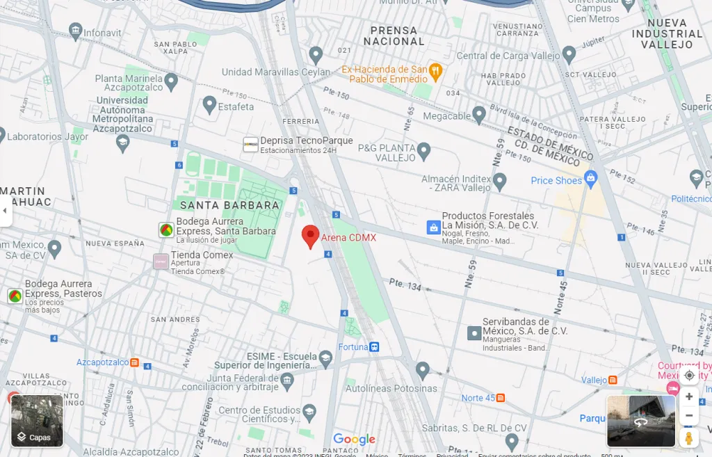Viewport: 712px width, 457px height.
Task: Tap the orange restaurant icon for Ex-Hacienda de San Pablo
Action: tap(436, 70)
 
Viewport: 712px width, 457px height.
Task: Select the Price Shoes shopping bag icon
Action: tap(591, 178)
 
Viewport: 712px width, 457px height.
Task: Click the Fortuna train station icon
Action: tap(375, 346)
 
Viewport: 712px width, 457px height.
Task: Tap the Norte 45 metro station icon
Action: tap(500, 398)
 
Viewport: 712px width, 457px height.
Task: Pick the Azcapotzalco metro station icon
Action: tap(134, 362)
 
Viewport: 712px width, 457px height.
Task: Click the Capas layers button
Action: tap(38, 421)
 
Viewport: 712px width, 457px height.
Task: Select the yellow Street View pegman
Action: tap(688, 438)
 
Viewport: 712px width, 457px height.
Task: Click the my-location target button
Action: tap(689, 376)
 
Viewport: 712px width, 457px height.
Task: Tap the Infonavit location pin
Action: tap(76, 30)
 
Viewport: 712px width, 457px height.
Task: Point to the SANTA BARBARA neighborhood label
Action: tap(229, 205)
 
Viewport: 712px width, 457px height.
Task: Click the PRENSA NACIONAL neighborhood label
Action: tap(394, 36)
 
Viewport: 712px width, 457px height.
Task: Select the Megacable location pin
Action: tap(478, 114)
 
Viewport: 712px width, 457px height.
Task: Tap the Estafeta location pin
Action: tap(209, 105)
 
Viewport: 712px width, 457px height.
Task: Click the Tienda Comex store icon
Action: tap(161, 262)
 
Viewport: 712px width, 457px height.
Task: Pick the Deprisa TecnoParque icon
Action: tap(250, 145)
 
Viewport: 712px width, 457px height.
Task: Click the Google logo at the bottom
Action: tap(354, 440)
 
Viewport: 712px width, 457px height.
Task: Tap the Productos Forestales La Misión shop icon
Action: tap(433, 227)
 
